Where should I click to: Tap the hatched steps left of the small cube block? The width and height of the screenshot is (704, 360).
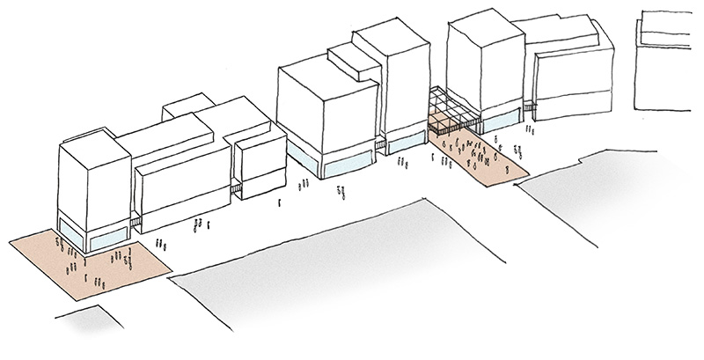[235, 187]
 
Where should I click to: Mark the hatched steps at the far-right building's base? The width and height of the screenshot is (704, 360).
[530, 108]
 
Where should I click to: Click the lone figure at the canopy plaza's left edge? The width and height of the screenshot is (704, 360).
[435, 158]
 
